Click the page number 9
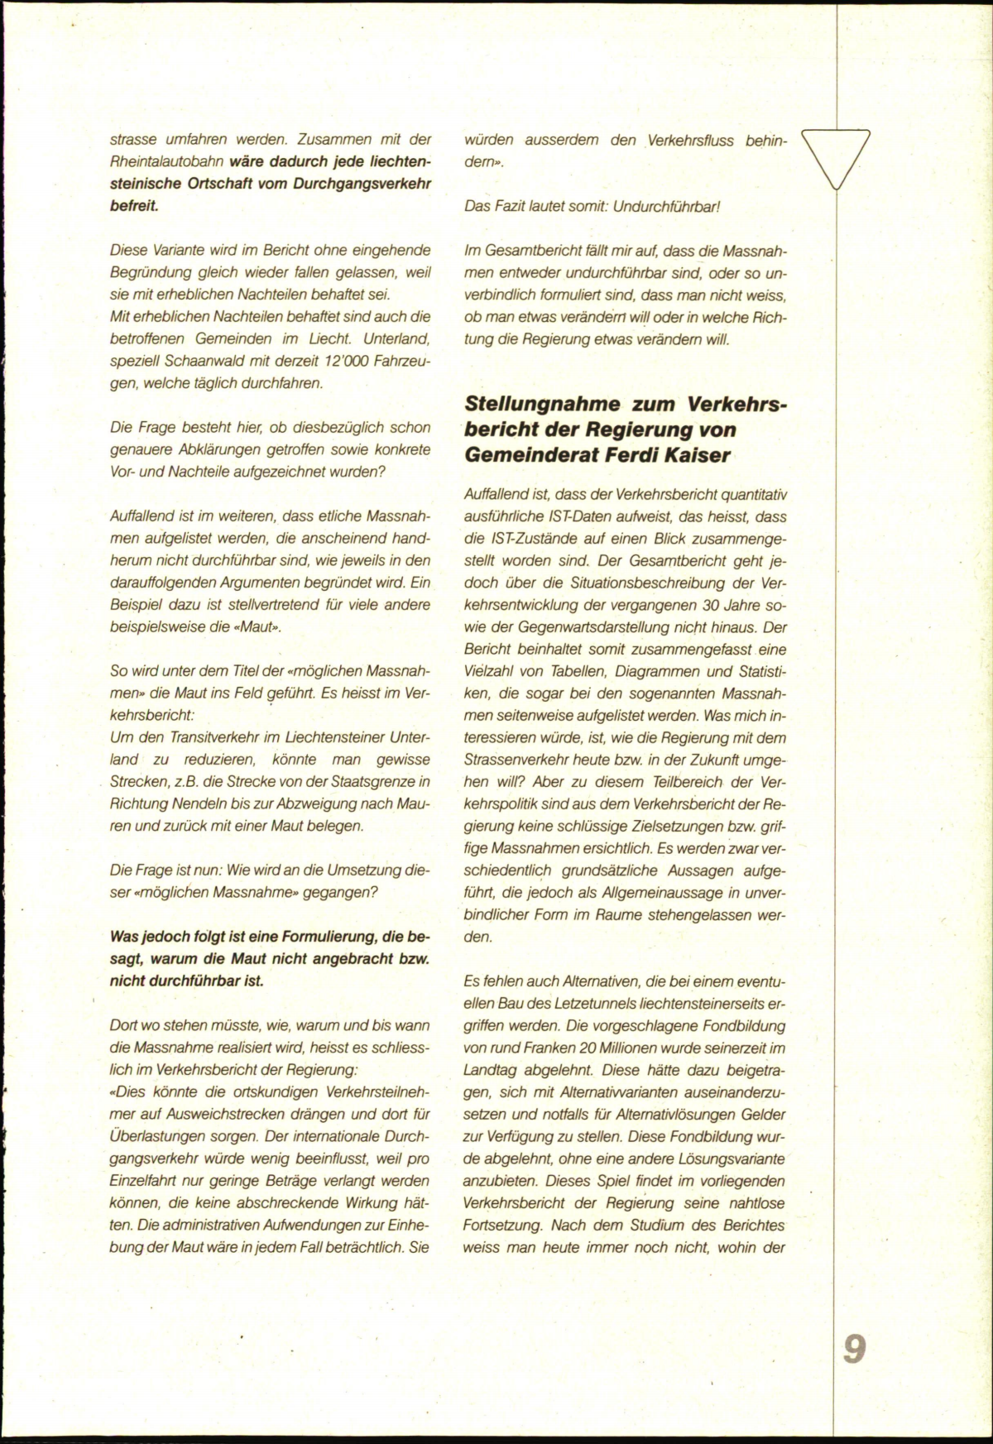(x=855, y=1350)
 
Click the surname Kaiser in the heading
(x=704, y=455)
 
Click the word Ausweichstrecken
(x=235, y=1114)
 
